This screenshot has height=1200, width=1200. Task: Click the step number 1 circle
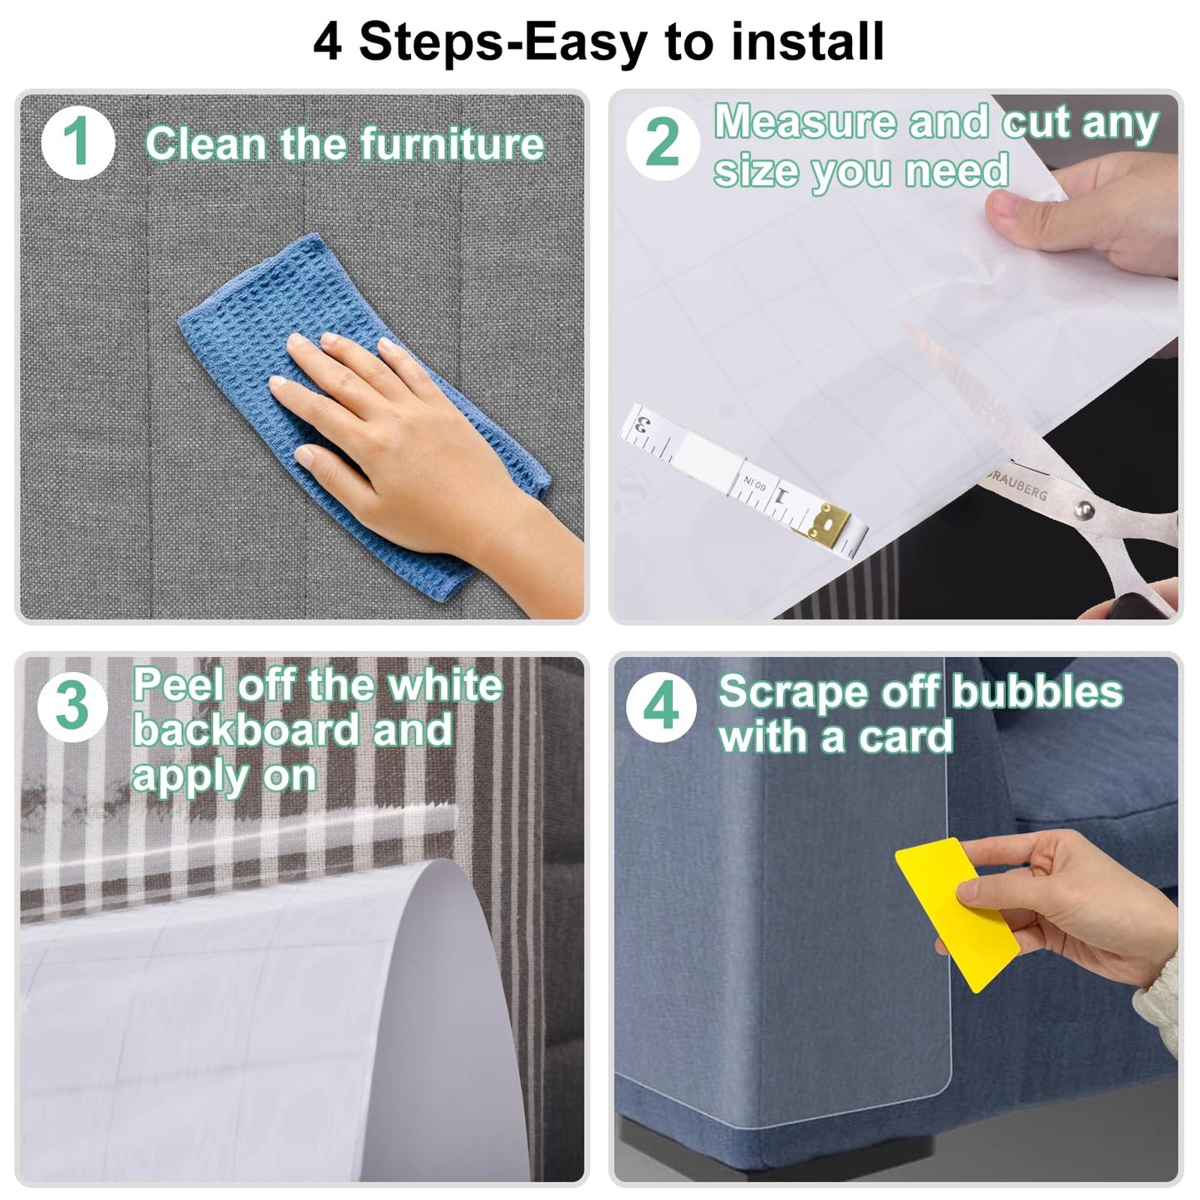click(x=78, y=143)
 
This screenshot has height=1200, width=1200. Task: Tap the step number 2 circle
click(x=663, y=143)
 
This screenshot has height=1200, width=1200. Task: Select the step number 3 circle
click(x=72, y=706)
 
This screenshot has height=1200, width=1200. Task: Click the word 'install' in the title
click(x=808, y=41)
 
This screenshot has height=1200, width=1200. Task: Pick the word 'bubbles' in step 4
click(x=1037, y=691)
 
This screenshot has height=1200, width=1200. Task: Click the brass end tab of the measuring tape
click(x=829, y=521)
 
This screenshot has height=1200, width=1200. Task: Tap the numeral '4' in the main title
click(x=326, y=42)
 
